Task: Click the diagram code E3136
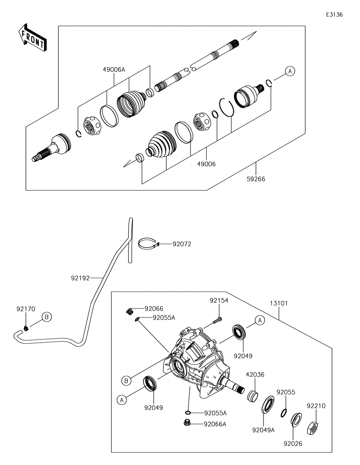(334, 14)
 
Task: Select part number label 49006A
(114, 69)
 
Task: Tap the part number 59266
(256, 179)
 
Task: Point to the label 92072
(182, 244)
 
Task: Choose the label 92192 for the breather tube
(80, 278)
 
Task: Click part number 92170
(26, 309)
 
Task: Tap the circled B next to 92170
(47, 317)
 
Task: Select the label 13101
(279, 303)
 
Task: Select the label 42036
(255, 375)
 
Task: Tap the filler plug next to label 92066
(130, 311)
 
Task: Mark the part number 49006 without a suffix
(206, 164)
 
